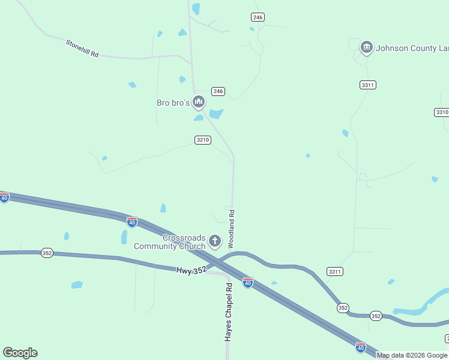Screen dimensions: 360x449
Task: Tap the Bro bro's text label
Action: point(173,103)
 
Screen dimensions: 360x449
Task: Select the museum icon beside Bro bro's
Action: point(199,103)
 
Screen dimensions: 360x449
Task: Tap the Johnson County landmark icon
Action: point(367,47)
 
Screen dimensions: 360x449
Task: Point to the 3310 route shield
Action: point(442,112)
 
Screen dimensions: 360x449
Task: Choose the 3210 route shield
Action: point(203,140)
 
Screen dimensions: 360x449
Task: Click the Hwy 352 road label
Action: point(191,271)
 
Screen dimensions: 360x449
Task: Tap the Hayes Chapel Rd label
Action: point(229,313)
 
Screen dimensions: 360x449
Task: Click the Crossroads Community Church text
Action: point(169,242)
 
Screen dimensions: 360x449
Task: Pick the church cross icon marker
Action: point(215,242)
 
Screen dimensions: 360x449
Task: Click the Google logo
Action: point(20,353)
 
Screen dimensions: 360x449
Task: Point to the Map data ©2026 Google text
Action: point(412,355)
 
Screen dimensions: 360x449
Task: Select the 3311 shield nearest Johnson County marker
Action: point(368,85)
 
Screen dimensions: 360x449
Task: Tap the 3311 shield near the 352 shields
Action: point(335,272)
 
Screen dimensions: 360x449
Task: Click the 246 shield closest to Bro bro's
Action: point(218,91)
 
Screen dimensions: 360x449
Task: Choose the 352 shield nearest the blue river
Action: point(376,316)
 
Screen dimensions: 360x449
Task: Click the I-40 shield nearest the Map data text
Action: point(360,347)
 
